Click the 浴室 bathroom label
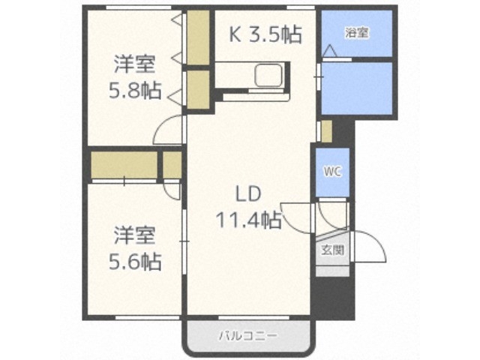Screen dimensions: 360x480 coord(356,32)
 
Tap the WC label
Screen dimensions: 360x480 coord(332,171)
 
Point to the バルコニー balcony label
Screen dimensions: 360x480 coord(247,335)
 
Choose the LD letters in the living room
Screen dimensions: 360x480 coord(247,193)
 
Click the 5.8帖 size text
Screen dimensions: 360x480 coord(135,90)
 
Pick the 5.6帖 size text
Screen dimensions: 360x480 coord(135,262)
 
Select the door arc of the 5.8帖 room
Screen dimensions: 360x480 coord(168,131)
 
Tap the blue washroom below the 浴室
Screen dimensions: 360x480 coord(356,88)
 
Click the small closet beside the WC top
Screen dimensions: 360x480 coord(325,130)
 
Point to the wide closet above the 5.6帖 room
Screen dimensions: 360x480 coord(124,165)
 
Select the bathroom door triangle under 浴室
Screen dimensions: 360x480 coord(328,51)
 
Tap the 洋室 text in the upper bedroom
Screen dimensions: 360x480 coord(135,63)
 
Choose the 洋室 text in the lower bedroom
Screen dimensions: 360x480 coord(135,235)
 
